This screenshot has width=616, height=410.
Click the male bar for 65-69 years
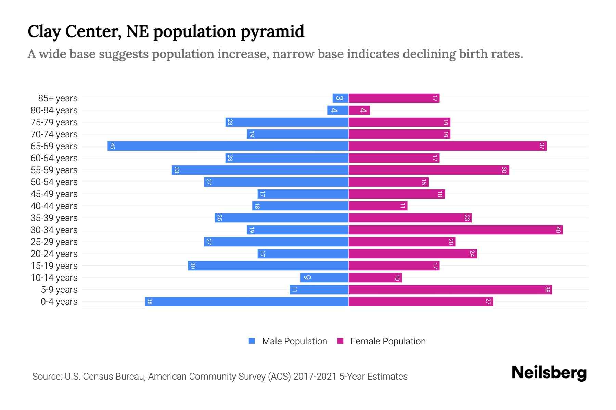[228, 146]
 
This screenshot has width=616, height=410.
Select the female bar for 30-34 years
[455, 230]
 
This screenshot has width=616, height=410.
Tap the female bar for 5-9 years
[450, 290]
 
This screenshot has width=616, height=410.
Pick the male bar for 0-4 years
[246, 302]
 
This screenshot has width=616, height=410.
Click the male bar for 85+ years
[341, 98]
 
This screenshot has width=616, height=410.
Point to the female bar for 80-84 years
[359, 110]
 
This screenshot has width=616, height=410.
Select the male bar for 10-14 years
[324, 278]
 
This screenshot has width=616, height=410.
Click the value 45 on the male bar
[112, 146]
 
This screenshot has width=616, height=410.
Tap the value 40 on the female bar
[558, 230]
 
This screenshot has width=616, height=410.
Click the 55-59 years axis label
[54, 170]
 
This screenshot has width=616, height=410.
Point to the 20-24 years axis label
[54, 254]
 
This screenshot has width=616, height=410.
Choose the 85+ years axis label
[58, 98]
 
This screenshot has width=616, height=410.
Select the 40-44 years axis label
[54, 206]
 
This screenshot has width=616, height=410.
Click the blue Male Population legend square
[252, 341]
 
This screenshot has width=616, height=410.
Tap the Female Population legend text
[388, 341]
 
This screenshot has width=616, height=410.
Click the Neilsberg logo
[549, 373]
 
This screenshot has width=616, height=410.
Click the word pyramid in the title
[272, 32]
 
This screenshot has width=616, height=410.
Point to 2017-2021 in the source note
[315, 377]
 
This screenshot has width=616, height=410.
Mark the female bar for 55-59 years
[428, 170]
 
